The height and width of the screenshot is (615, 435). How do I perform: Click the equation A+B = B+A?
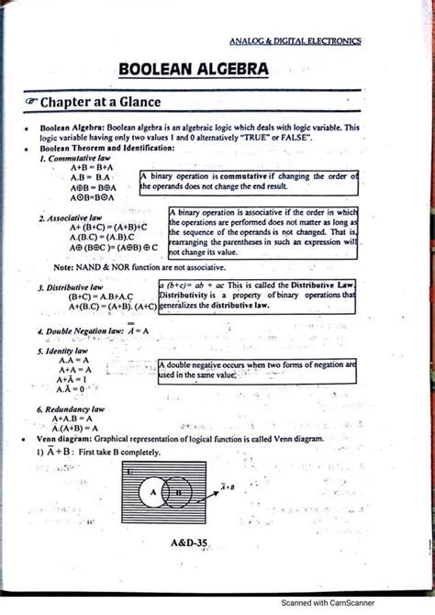(x=90, y=167)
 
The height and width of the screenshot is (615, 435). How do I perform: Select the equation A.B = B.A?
(x=90, y=177)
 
